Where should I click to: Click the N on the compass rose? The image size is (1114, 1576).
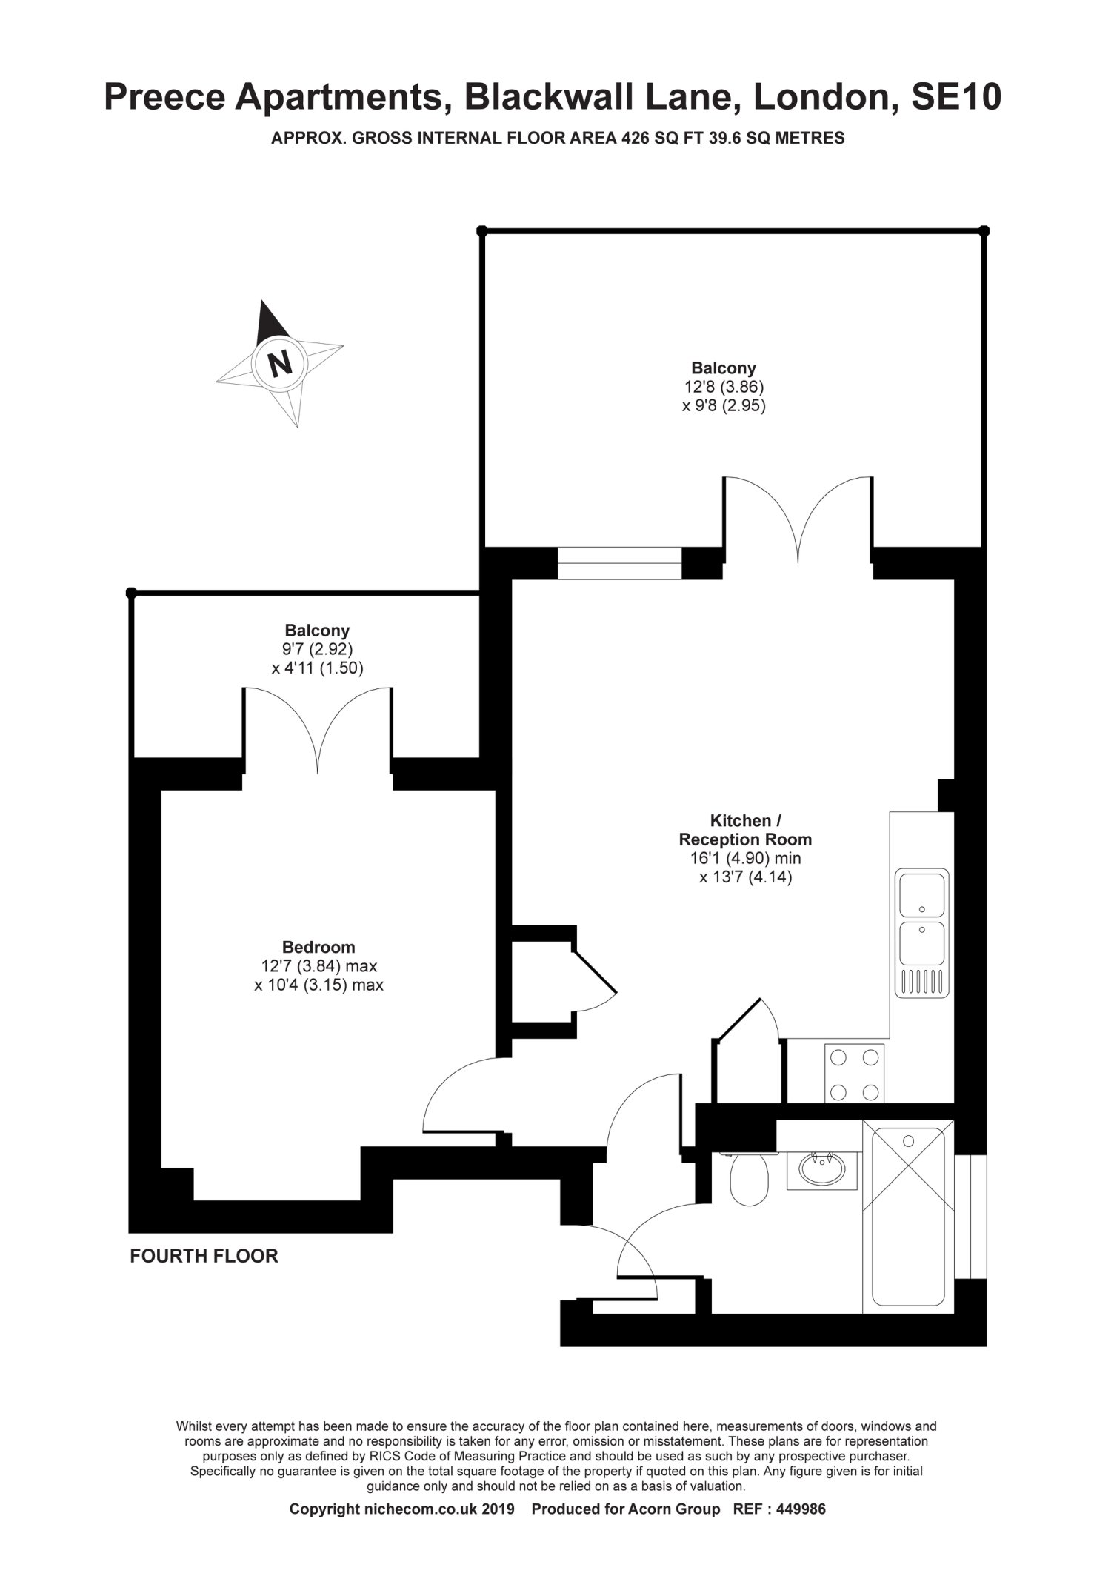279,363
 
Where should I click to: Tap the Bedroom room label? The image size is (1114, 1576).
318,947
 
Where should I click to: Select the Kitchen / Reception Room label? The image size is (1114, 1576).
745,830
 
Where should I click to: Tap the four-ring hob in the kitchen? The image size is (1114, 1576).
854,1074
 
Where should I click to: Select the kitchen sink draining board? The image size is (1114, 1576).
922,982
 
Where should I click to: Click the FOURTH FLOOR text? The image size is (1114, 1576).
204,1256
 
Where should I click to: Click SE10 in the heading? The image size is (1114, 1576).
956,97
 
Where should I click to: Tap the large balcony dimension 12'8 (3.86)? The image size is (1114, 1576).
723,387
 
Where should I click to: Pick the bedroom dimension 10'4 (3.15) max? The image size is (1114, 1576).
318,985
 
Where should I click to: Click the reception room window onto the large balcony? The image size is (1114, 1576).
619,563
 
